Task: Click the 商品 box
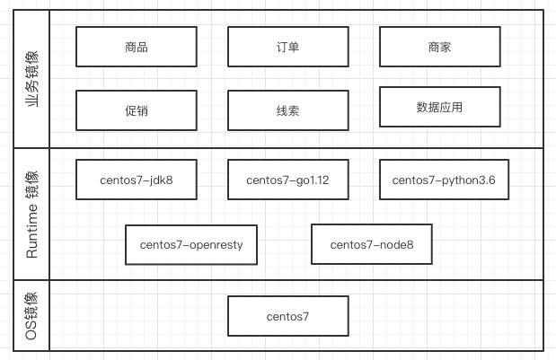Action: pyautogui.click(x=137, y=47)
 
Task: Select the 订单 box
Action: pyautogui.click(x=288, y=47)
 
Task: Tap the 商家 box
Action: pyautogui.click(x=440, y=47)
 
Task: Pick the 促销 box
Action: pyautogui.click(x=137, y=110)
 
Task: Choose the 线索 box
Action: pyautogui.click(x=288, y=110)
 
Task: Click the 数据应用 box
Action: pyautogui.click(x=440, y=107)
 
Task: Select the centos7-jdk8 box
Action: pyautogui.click(x=137, y=180)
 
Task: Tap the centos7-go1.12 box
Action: pyautogui.click(x=288, y=180)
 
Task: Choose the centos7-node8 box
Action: pyautogui.click(x=371, y=244)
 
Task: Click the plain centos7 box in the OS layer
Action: pyautogui.click(x=288, y=316)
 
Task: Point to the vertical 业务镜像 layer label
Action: pyautogui.click(x=31, y=79)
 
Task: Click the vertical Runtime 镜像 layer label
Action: pyautogui.click(x=31, y=215)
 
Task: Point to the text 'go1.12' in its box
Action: pyautogui.click(x=311, y=180)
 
